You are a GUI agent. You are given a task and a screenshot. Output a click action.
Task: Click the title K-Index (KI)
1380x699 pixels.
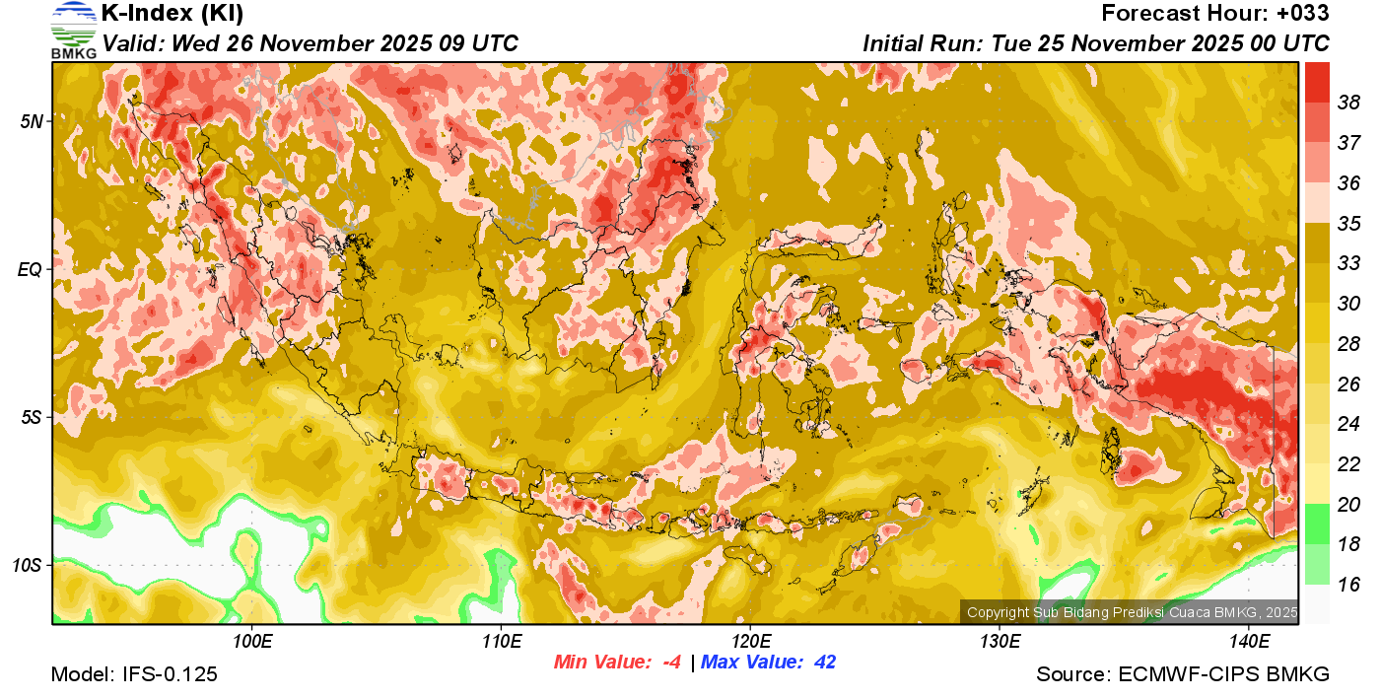(x=172, y=14)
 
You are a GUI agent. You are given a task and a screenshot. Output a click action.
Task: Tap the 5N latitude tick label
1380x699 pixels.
(x=32, y=121)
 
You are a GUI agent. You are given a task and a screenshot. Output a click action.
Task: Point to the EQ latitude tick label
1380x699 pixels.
(x=31, y=269)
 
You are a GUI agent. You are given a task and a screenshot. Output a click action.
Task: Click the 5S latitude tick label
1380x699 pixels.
(x=32, y=417)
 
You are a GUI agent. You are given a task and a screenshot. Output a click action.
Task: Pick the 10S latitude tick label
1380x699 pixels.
(x=28, y=566)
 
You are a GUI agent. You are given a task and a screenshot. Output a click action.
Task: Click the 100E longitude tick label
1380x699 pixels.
(x=252, y=642)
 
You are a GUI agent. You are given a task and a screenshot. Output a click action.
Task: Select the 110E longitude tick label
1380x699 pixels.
(x=501, y=642)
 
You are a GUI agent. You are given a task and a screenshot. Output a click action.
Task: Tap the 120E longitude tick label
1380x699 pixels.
(x=750, y=642)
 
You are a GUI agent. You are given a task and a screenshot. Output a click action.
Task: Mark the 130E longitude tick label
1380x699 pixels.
(x=1000, y=642)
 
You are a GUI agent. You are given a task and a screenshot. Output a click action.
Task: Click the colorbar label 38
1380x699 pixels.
(x=1348, y=103)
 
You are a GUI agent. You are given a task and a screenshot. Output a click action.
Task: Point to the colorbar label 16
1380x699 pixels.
(x=1348, y=585)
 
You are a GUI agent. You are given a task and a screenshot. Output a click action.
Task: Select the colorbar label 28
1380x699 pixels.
(x=1348, y=344)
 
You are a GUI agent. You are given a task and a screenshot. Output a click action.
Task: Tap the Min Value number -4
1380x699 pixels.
(x=672, y=663)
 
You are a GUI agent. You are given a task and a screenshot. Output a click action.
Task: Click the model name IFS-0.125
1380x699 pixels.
(x=171, y=674)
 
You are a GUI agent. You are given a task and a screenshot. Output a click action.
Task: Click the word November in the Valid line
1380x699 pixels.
(x=311, y=43)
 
